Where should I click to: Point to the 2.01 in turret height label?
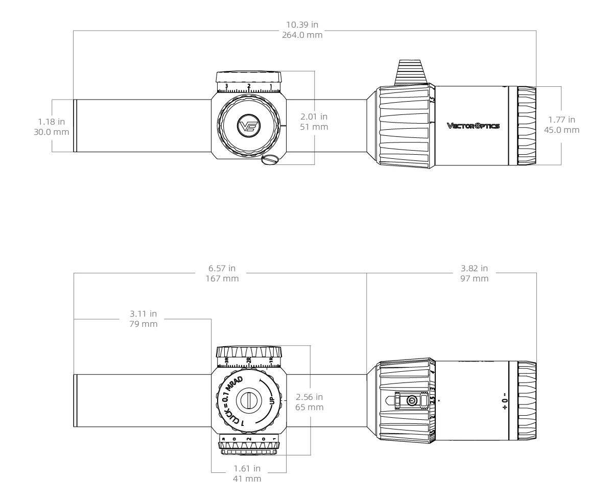tap(313, 117)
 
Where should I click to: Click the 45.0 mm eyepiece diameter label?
tap(561, 130)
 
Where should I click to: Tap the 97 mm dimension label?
tap(475, 278)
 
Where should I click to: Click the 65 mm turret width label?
tap(310, 407)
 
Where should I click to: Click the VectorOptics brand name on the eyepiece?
tap(474, 126)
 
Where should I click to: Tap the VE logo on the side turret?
tap(249, 125)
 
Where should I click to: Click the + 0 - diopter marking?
tap(504, 401)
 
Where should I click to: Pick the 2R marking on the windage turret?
tap(249, 361)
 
